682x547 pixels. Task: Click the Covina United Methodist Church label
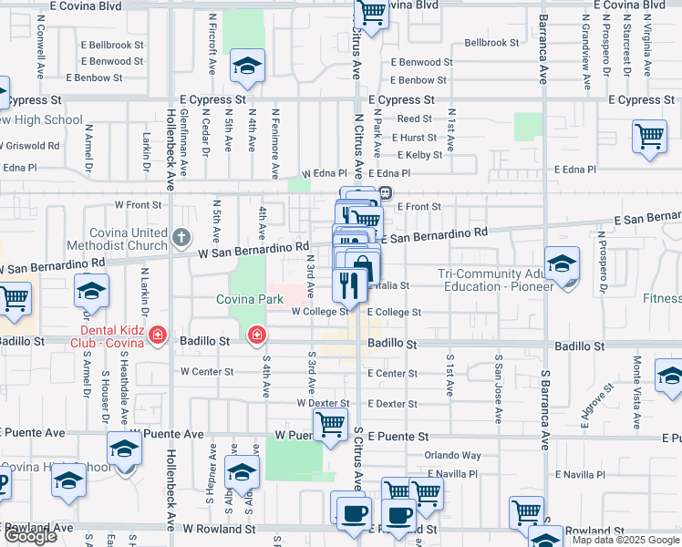129,239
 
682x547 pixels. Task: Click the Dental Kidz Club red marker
158,336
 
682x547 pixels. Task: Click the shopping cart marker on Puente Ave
329,423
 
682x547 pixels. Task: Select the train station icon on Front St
386,192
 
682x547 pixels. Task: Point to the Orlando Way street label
452,455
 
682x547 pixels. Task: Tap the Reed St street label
414,119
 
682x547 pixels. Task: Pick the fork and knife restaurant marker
350,284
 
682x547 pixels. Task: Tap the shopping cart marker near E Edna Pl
650,137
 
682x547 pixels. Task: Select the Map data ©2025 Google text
625,540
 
